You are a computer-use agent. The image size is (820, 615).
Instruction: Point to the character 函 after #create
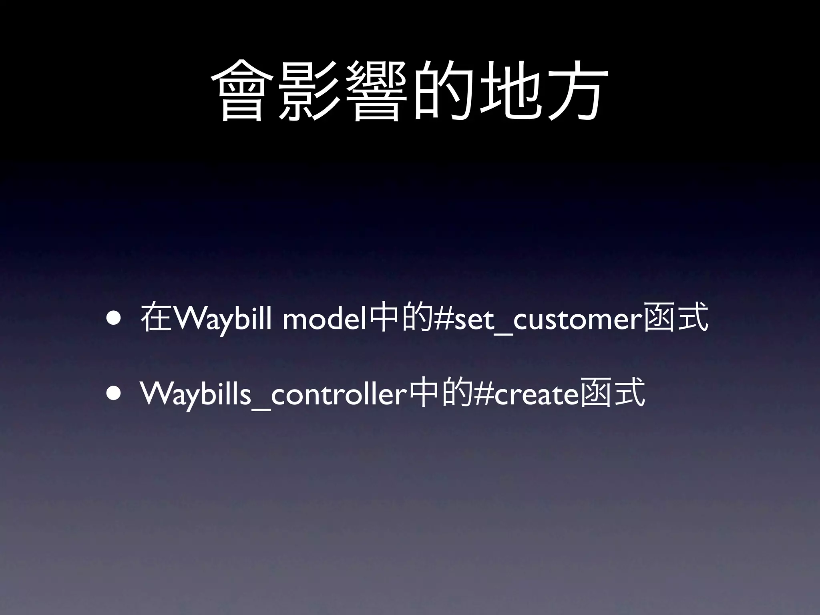597,394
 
